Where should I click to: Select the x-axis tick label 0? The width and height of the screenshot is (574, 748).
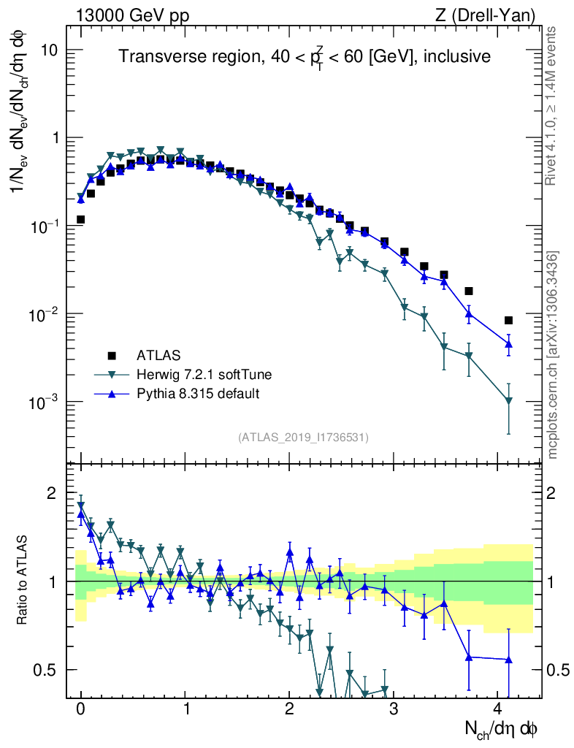click(80, 709)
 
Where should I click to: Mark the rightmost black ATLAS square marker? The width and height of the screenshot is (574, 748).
click(508, 320)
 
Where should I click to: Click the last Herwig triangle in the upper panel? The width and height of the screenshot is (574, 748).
click(508, 400)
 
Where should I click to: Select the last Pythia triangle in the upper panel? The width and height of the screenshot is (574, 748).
click(508, 344)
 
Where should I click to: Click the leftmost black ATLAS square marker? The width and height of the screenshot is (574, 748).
click(81, 219)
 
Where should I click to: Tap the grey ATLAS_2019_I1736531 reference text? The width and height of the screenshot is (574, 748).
click(302, 438)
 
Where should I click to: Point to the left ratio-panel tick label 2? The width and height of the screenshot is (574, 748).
click(51, 494)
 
